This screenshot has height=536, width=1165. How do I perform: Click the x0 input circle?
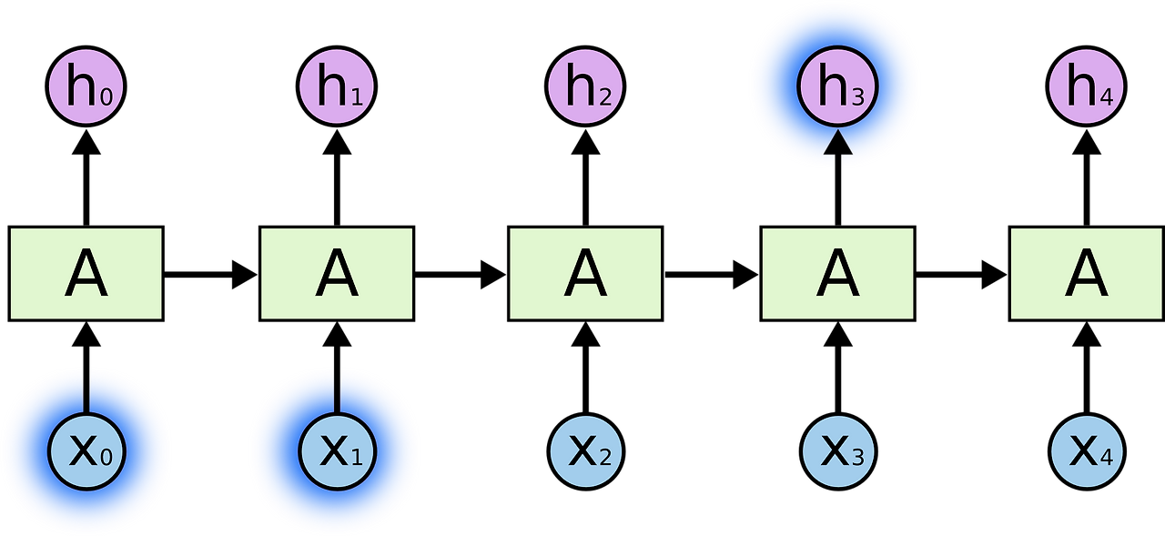tap(86, 450)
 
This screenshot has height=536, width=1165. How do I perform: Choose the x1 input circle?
tap(337, 450)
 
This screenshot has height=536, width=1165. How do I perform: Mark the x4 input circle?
tap(1087, 450)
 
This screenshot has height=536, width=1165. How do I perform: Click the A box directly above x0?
tap(86, 273)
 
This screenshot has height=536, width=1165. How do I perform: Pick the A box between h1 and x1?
tap(337, 273)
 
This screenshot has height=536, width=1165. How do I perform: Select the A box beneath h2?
tap(585, 273)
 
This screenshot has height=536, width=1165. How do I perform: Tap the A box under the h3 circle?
tap(837, 273)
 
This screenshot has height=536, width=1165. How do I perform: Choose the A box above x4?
tap(1087, 273)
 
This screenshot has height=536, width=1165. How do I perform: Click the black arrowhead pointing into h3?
tap(837, 143)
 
